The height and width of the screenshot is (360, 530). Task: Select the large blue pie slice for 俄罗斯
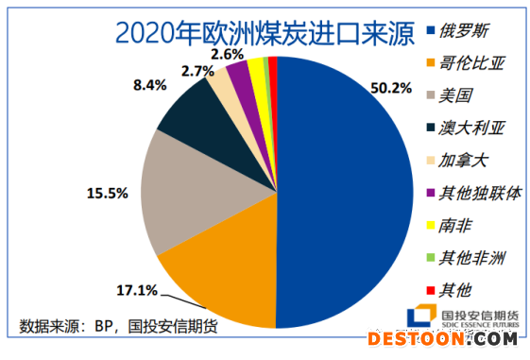point(350,189)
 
